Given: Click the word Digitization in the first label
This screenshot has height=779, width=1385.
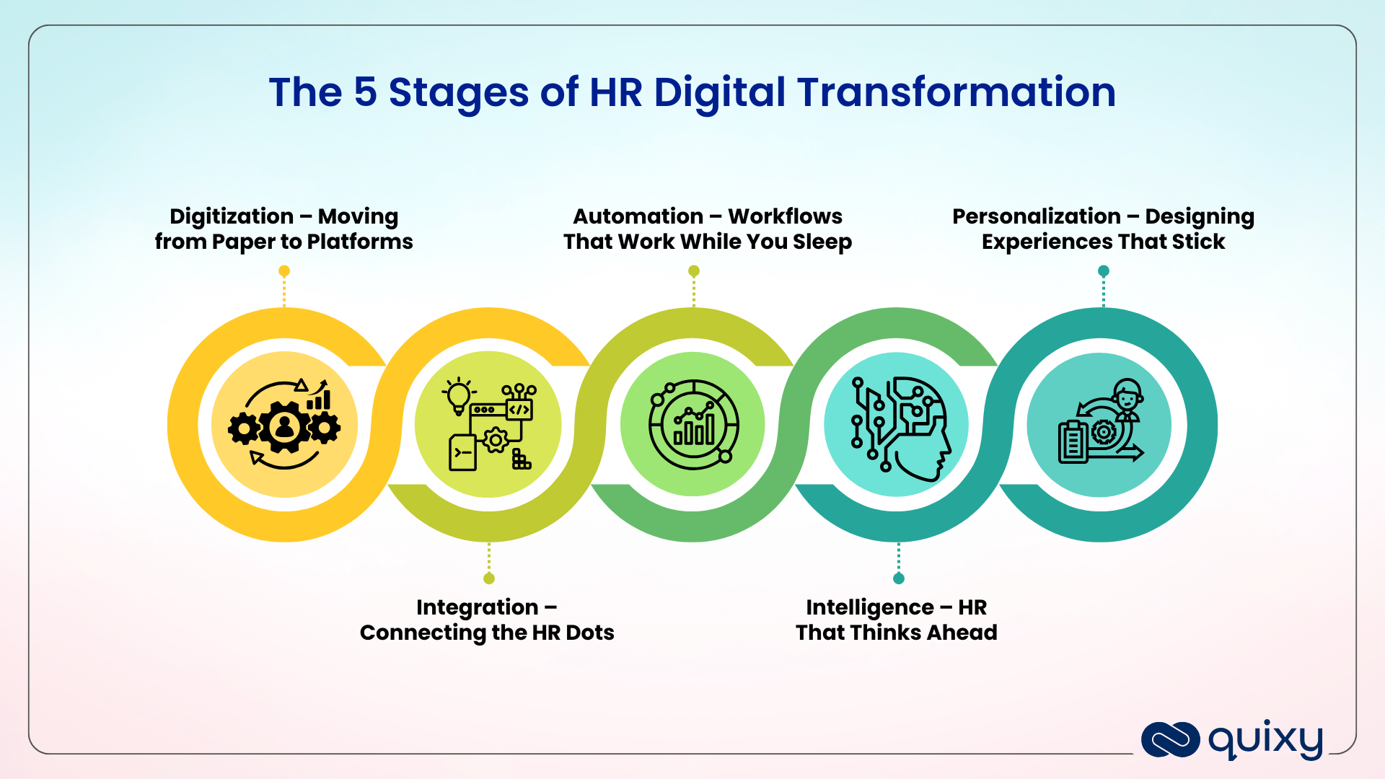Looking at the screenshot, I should (231, 216).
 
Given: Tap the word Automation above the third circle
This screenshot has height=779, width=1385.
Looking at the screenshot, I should (638, 216).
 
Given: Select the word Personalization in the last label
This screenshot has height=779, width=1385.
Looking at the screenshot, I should (1036, 216).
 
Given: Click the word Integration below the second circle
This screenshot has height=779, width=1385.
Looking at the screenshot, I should (477, 607).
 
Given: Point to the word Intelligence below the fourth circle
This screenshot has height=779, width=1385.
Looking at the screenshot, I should (869, 607).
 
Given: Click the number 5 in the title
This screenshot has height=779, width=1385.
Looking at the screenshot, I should (365, 92).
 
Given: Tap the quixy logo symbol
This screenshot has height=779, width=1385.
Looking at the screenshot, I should (1170, 740).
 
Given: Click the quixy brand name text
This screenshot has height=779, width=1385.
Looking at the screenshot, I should (1265, 740).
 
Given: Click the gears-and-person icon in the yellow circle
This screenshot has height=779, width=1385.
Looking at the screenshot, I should (284, 426).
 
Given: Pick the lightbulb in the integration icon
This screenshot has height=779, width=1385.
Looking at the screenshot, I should (459, 395).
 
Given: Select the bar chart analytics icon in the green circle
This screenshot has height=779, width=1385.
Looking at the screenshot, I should (693, 426).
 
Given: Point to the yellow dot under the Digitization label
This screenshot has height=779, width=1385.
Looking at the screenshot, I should (284, 271).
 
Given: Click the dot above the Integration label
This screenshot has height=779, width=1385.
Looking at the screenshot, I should (489, 578).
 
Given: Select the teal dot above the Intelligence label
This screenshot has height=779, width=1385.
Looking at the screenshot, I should (899, 578).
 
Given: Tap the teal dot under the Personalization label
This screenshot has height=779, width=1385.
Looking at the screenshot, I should (1103, 271).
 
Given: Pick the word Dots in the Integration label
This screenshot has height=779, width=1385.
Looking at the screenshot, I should (589, 633).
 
